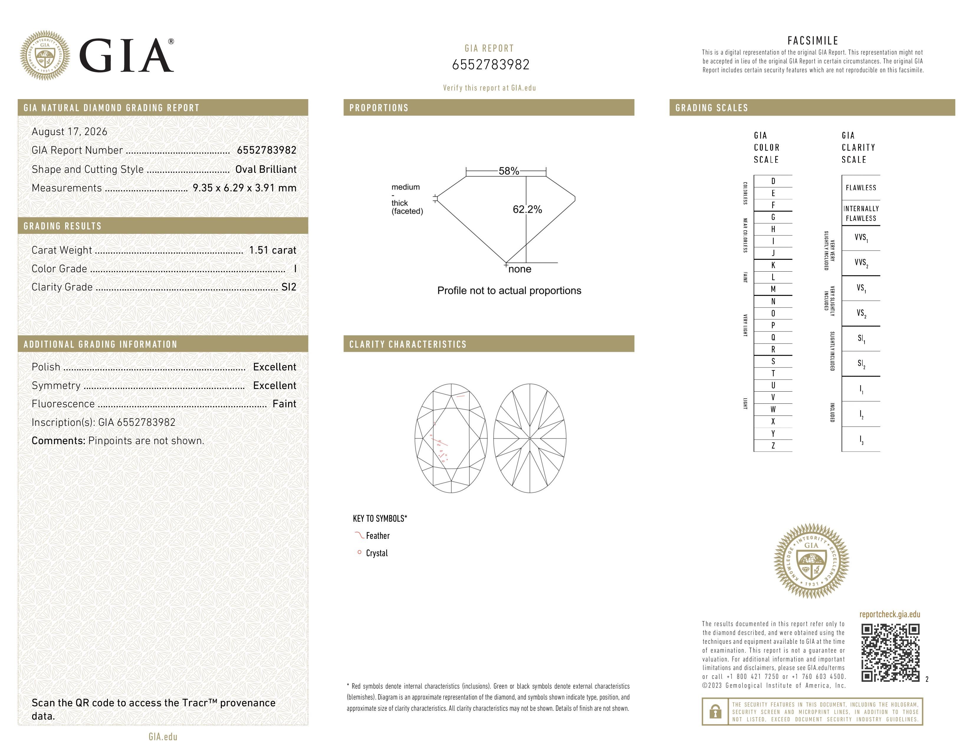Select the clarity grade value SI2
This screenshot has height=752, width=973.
coord(289,287)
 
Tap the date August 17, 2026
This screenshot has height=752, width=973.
coord(70,132)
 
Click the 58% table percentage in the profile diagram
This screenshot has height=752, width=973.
coord(509,171)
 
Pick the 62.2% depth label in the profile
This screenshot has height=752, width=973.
coord(527,209)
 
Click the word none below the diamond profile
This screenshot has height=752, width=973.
coord(520,269)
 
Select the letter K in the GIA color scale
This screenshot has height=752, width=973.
coord(773,265)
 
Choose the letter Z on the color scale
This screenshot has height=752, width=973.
coord(773,446)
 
